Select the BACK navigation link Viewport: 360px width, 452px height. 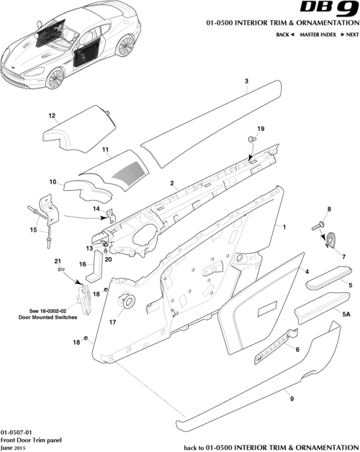tap(285, 35)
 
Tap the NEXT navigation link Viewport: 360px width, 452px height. tap(350, 35)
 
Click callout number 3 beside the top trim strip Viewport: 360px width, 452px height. tap(246, 82)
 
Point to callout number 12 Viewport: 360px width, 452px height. tap(52, 115)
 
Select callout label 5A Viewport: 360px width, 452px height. tap(346, 315)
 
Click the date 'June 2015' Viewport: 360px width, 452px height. tap(15, 447)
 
